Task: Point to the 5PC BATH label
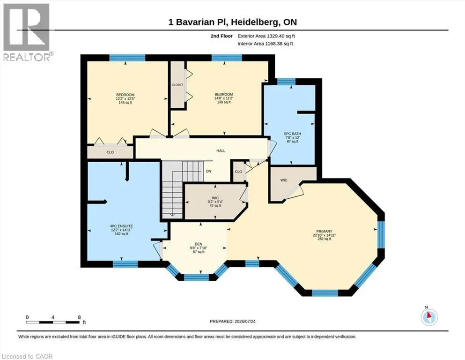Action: pyautogui.click(x=292, y=137)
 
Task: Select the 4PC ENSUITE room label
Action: pyautogui.click(x=121, y=230)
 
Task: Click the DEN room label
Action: pyautogui.click(x=199, y=248)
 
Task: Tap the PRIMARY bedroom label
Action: pyautogui.click(x=324, y=235)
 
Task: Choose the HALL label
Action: pyautogui.click(x=221, y=151)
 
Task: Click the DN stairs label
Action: pyautogui.click(x=208, y=171)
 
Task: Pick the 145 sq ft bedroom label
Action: pyautogui.click(x=125, y=98)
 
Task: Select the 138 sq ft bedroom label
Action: pyautogui.click(x=224, y=98)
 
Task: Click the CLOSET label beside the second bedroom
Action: pyautogui.click(x=177, y=84)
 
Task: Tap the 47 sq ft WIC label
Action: pyautogui.click(x=215, y=202)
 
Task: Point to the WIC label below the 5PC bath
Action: pyautogui.click(x=284, y=180)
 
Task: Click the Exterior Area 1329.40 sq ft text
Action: pyautogui.click(x=266, y=36)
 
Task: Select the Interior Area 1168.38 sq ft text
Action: pyautogui.click(x=265, y=44)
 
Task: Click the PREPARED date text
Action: pyautogui.click(x=232, y=321)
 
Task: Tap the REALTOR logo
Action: pyautogui.click(x=27, y=32)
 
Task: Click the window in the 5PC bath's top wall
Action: pyautogui.click(x=286, y=81)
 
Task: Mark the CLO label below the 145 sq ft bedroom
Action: pyautogui.click(x=110, y=152)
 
